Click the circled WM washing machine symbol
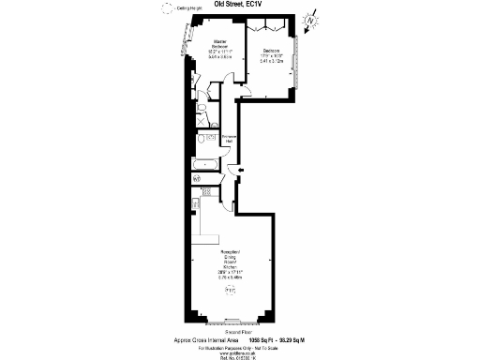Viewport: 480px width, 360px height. click(197, 178)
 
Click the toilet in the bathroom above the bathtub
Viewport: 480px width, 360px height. click(201, 139)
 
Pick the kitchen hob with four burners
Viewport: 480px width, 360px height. click(206, 192)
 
